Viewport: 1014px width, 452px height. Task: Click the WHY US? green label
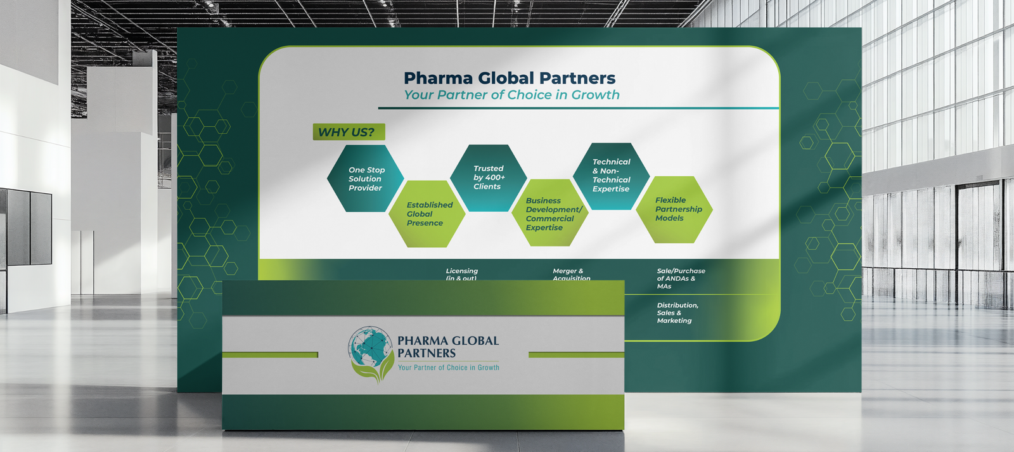coord(349,132)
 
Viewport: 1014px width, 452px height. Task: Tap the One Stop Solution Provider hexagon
coord(366,179)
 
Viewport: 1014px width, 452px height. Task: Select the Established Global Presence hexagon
coord(428,214)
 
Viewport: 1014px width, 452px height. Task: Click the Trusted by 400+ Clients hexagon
coord(489,178)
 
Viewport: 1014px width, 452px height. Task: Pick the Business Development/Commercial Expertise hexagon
coord(550,214)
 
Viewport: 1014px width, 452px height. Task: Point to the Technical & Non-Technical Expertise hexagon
coord(611,176)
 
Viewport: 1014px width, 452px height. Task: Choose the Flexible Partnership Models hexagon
coord(676,209)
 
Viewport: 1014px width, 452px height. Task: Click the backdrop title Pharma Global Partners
coord(510,78)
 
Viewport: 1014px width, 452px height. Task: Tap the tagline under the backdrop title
coord(511,95)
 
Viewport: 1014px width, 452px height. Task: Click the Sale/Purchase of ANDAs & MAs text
coord(680,278)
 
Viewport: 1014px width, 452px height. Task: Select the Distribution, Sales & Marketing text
coord(677,313)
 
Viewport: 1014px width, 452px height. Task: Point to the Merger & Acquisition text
coord(570,274)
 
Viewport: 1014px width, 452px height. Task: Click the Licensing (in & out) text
coord(461,274)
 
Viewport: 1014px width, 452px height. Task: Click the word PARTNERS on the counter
coord(427,353)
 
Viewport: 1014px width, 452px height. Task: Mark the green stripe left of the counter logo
coord(270,354)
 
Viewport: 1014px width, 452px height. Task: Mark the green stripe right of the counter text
coord(575,354)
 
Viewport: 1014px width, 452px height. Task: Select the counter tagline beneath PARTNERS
coord(448,368)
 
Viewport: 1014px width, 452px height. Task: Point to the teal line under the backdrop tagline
coord(578,108)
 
